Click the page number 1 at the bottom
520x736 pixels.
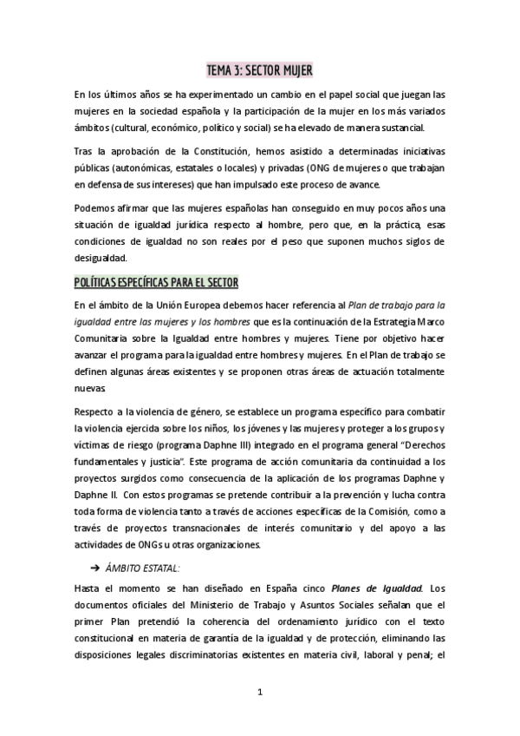(x=259, y=691)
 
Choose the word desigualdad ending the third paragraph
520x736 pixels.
(x=101, y=258)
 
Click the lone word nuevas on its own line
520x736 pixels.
(x=91, y=389)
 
